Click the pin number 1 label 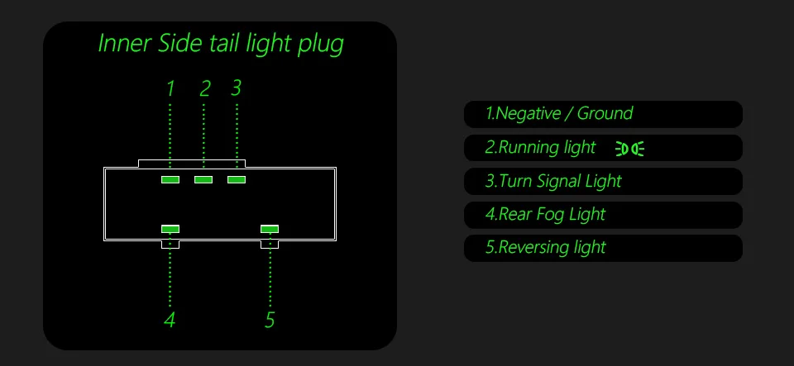click(170, 88)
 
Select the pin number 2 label click(205, 88)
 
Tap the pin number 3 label click(237, 88)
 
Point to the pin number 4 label click(170, 320)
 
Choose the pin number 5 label click(270, 320)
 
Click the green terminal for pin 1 click(170, 179)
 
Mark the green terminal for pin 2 click(203, 179)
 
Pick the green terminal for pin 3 click(237, 179)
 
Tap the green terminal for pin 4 click(170, 229)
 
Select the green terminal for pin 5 click(270, 229)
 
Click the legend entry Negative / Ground click(559, 114)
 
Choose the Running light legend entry click(541, 148)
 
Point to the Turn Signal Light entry click(553, 181)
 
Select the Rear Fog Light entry click(546, 215)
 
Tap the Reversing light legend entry click(546, 248)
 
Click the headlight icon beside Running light click(629, 149)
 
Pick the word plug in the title click(321, 45)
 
